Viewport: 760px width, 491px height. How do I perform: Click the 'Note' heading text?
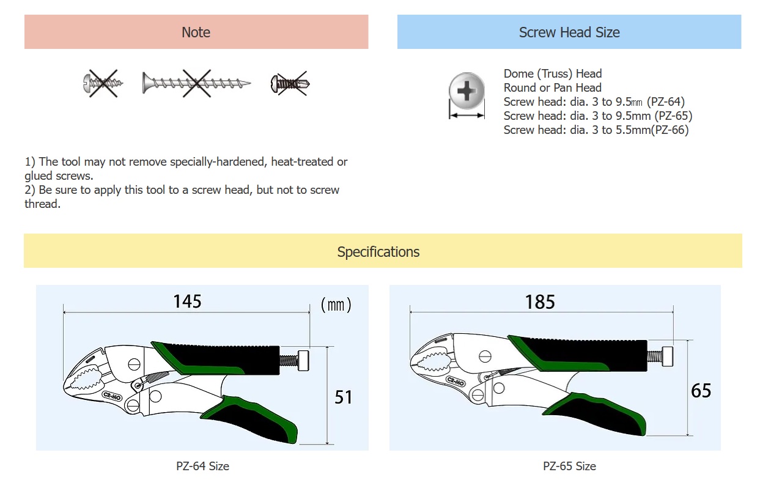coord(196,32)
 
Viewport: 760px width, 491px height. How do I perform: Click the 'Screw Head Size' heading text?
coord(569,32)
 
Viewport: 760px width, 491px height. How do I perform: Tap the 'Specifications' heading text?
coord(378,252)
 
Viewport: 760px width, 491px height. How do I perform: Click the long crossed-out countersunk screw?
coord(196,83)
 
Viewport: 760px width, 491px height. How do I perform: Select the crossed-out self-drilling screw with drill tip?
coord(290,84)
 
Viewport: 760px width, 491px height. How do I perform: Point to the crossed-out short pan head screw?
coord(103,83)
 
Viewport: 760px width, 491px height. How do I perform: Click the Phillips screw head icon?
coord(467,90)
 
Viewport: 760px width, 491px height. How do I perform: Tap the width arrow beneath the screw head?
coord(467,116)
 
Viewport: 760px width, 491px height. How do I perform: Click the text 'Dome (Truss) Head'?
coord(553,73)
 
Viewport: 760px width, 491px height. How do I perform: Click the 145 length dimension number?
coord(187,301)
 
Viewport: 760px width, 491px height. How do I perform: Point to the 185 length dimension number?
coord(540,301)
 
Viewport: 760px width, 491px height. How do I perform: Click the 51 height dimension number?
coord(344,397)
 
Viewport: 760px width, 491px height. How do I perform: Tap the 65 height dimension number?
coord(701,391)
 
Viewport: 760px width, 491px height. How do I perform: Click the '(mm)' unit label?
coord(336,305)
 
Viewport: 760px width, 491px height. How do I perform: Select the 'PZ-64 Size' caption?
coord(202,466)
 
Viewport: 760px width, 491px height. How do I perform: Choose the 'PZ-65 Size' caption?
coord(569,466)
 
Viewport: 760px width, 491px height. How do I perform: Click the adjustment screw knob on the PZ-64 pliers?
coord(303,361)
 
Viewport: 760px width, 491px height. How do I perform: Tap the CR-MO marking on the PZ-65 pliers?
coord(456,382)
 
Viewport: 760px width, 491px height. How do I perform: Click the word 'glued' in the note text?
coord(39,176)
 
